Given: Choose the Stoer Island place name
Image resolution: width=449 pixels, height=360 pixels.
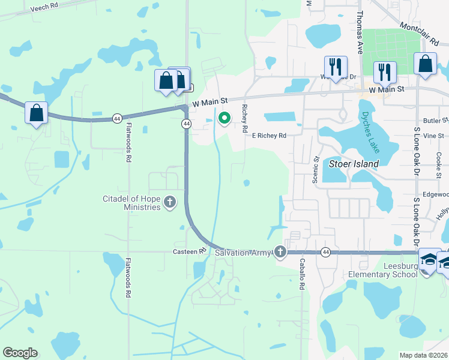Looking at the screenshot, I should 354,164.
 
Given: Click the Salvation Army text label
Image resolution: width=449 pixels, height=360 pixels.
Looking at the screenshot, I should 243,253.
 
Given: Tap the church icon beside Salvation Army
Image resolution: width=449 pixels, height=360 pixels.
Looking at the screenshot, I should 280,253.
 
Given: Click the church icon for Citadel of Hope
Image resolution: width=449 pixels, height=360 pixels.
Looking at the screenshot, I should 170,202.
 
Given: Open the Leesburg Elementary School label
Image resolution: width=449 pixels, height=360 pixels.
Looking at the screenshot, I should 383,270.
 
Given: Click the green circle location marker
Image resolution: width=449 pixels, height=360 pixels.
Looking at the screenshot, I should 224,118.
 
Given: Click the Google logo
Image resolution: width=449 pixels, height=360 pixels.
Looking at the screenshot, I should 20,353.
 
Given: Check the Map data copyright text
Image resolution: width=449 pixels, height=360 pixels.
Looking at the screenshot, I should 424,355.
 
